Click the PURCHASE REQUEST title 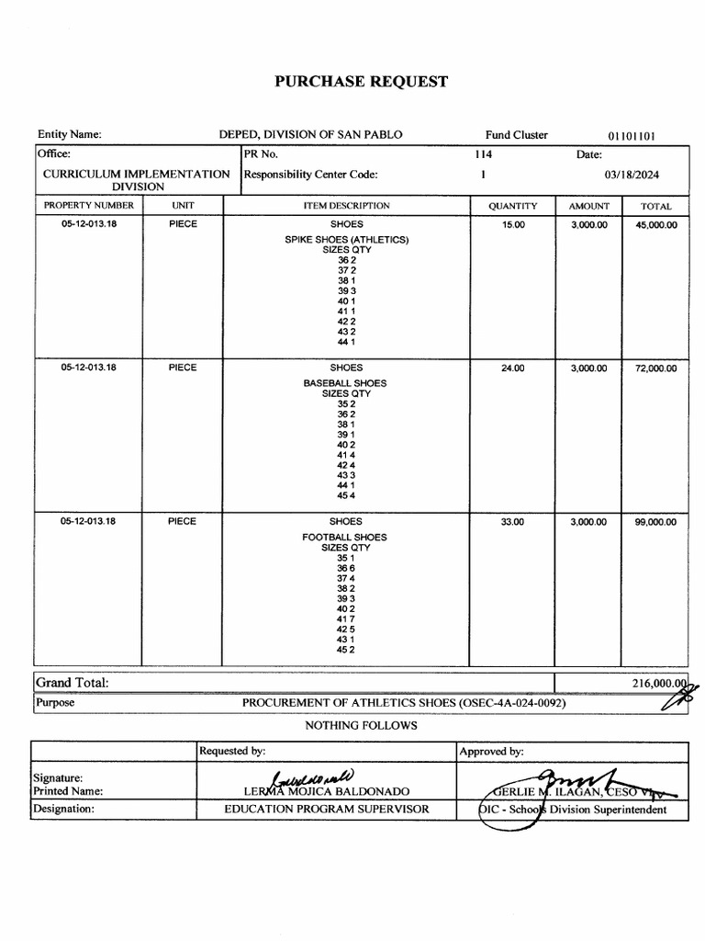pyautogui.click(x=362, y=82)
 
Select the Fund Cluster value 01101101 pyautogui.click(x=632, y=136)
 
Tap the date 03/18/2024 pyautogui.click(x=632, y=175)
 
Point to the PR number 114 pyautogui.click(x=483, y=154)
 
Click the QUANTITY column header pyautogui.click(x=512, y=207)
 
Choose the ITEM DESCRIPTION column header pyautogui.click(x=346, y=206)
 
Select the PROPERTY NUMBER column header pyautogui.click(x=89, y=206)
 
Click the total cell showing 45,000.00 pyautogui.click(x=656, y=225)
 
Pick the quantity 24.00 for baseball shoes pyautogui.click(x=512, y=368)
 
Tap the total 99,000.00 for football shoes pyautogui.click(x=656, y=522)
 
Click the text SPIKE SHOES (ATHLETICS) pyautogui.click(x=346, y=240)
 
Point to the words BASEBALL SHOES pyautogui.click(x=346, y=383)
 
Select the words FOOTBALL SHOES pyautogui.click(x=346, y=537)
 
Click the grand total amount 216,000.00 pyautogui.click(x=658, y=684)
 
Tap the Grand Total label pyautogui.click(x=72, y=683)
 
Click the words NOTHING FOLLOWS pyautogui.click(x=361, y=726)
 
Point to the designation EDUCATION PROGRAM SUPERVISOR pyautogui.click(x=327, y=810)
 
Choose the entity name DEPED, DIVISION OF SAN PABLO pyautogui.click(x=310, y=135)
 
